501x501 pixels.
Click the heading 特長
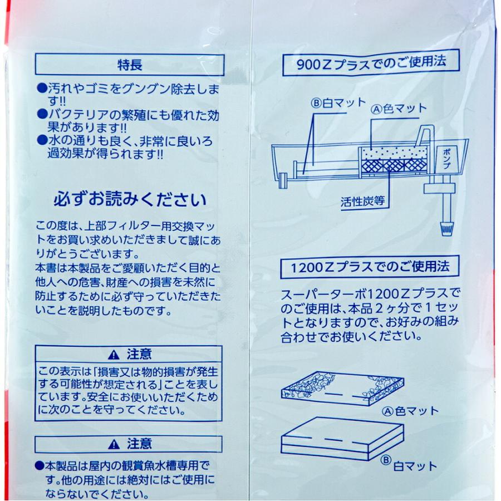[130, 64]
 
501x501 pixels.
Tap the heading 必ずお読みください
[130, 199]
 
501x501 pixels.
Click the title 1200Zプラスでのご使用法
[370, 267]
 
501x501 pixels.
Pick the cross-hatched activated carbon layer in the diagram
[392, 165]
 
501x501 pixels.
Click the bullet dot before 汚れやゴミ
[40, 88]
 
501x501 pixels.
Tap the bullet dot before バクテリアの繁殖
[40, 114]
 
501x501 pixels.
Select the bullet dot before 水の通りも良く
[40, 140]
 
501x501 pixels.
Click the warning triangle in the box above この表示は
[114, 354]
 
